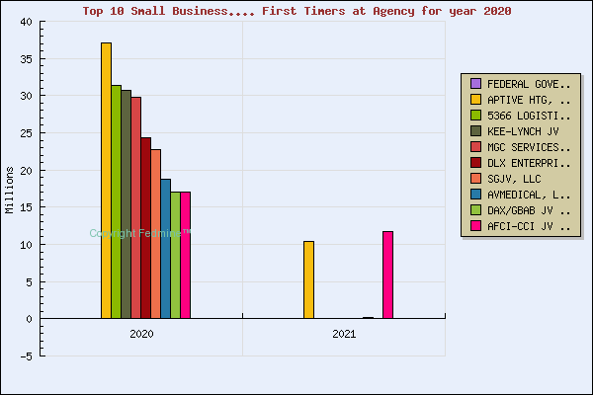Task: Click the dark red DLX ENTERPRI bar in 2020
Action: pyautogui.click(x=145, y=228)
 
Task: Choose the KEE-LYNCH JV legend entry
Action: pyautogui.click(x=522, y=130)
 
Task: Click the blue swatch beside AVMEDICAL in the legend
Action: pyautogui.click(x=475, y=195)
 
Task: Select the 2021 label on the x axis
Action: pyautogui.click(x=344, y=335)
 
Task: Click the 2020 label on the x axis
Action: pyautogui.click(x=141, y=335)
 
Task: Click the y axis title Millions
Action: pyautogui.click(x=10, y=190)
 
